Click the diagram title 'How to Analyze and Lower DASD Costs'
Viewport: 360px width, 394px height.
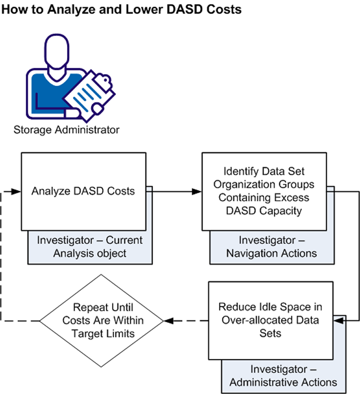pos(122,10)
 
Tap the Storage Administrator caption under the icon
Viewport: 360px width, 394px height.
pos(66,130)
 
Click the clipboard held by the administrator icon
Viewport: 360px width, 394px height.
pos(84,92)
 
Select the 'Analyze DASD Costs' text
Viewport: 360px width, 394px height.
pos(83,191)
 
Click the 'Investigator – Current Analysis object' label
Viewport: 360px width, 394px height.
pos(89,246)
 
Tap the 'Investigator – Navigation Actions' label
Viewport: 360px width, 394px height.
pos(271,246)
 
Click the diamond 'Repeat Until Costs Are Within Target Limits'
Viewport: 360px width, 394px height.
pos(102,320)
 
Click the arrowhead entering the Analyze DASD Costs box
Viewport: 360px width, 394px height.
pos(16,191)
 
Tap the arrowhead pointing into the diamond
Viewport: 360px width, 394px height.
pos(168,320)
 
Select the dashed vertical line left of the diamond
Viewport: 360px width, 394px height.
pos(2,255)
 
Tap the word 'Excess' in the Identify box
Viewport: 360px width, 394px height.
pos(292,198)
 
